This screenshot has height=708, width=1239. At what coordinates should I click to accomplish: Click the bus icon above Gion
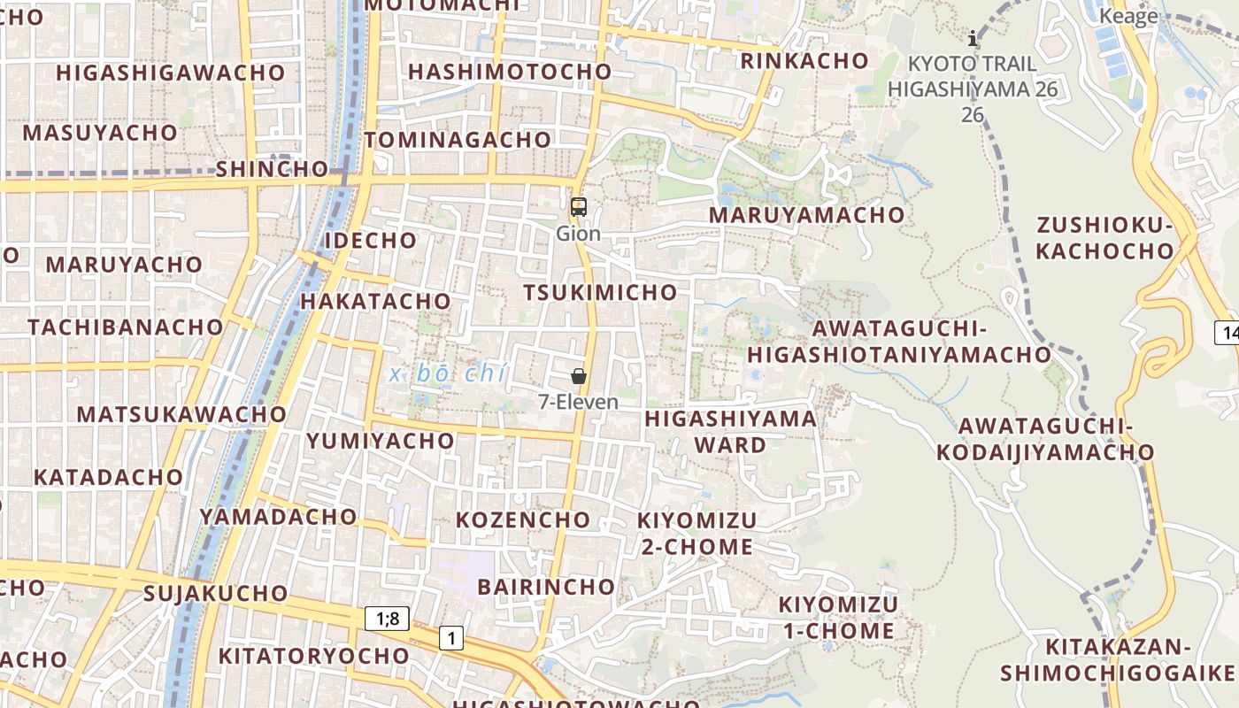click(x=579, y=208)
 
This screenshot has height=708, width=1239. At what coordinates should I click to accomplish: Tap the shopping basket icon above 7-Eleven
click(x=579, y=376)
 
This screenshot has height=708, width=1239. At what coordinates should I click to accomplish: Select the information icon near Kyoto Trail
click(x=973, y=38)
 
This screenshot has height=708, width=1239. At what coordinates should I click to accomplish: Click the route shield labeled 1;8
click(x=387, y=619)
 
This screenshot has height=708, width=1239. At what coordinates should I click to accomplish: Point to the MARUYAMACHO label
click(x=807, y=215)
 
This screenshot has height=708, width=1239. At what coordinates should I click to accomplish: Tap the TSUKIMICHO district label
click(x=600, y=292)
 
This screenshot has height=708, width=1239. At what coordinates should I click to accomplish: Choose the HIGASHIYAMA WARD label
click(x=731, y=431)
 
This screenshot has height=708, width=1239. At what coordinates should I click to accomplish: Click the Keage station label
click(x=1128, y=16)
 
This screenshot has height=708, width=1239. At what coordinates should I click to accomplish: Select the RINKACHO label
click(x=804, y=61)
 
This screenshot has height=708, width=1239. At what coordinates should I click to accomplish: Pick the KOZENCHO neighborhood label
click(x=523, y=519)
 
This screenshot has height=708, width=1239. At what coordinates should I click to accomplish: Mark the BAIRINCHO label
click(x=546, y=587)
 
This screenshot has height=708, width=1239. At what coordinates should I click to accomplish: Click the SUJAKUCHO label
click(x=216, y=593)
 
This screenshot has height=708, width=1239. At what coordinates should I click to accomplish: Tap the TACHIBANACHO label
click(x=126, y=327)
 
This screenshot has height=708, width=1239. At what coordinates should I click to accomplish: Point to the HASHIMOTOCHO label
click(x=510, y=72)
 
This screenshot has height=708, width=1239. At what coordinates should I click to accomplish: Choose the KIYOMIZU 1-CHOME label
click(x=837, y=618)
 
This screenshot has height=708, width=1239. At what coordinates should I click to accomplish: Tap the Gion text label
click(x=579, y=234)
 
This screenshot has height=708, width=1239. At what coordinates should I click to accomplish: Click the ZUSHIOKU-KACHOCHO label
click(x=1104, y=238)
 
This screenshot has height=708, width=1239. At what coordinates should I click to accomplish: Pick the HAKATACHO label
click(x=376, y=301)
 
